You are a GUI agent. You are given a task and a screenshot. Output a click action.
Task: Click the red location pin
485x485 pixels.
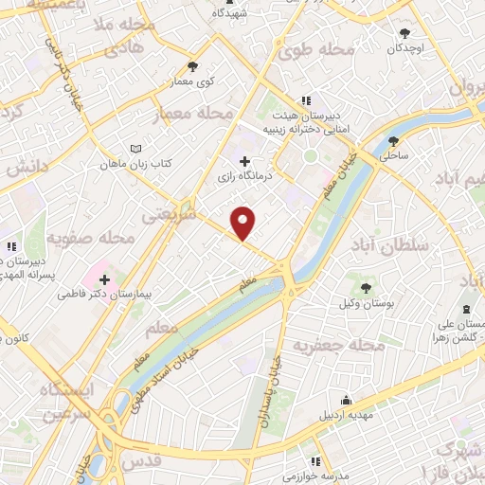[243, 222]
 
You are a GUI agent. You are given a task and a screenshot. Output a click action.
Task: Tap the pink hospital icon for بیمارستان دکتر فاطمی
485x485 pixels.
[103, 280]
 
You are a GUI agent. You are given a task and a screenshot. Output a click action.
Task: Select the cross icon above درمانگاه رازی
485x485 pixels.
[246, 162]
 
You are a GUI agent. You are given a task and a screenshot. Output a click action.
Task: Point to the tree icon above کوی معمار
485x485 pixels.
[194, 66]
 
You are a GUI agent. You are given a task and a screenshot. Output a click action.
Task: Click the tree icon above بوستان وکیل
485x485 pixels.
[367, 286]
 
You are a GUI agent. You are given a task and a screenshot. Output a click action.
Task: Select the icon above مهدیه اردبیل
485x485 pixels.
[347, 400]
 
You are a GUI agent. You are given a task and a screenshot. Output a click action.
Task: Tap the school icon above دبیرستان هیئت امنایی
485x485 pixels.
[305, 100]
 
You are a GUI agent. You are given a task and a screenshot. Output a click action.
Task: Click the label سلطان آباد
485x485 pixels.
[390, 244]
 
